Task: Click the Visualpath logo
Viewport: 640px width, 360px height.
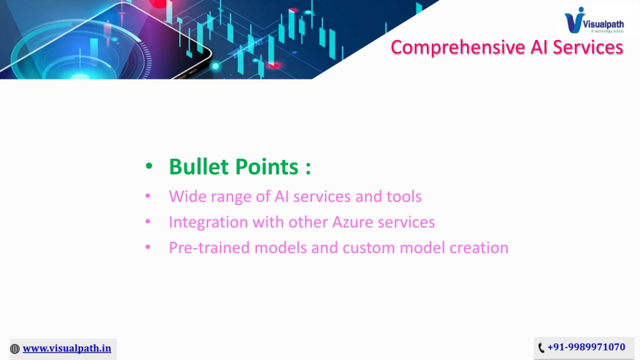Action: click(594, 20)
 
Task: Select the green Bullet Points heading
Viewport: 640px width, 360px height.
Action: click(240, 166)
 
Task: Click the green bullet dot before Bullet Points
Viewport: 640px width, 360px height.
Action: click(149, 166)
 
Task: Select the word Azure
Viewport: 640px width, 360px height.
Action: click(352, 222)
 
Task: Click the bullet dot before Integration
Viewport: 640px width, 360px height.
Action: click(147, 222)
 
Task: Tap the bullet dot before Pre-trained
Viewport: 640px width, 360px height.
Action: click(147, 247)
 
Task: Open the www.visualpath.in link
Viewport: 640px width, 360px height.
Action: click(67, 348)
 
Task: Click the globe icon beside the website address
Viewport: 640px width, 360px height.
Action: click(15, 349)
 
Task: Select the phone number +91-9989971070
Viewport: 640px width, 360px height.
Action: click(586, 347)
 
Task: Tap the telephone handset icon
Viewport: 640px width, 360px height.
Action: click(541, 347)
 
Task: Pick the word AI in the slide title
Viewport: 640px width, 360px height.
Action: click(539, 47)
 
